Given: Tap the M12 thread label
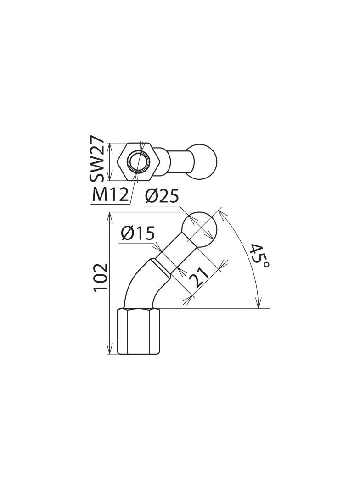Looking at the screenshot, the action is coord(110,195).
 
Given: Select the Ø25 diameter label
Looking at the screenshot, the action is coord(162,197).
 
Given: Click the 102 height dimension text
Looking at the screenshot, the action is coord(101,277).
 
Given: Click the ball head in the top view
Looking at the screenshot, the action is coord(204,162).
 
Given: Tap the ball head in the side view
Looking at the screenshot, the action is coord(199,228).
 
